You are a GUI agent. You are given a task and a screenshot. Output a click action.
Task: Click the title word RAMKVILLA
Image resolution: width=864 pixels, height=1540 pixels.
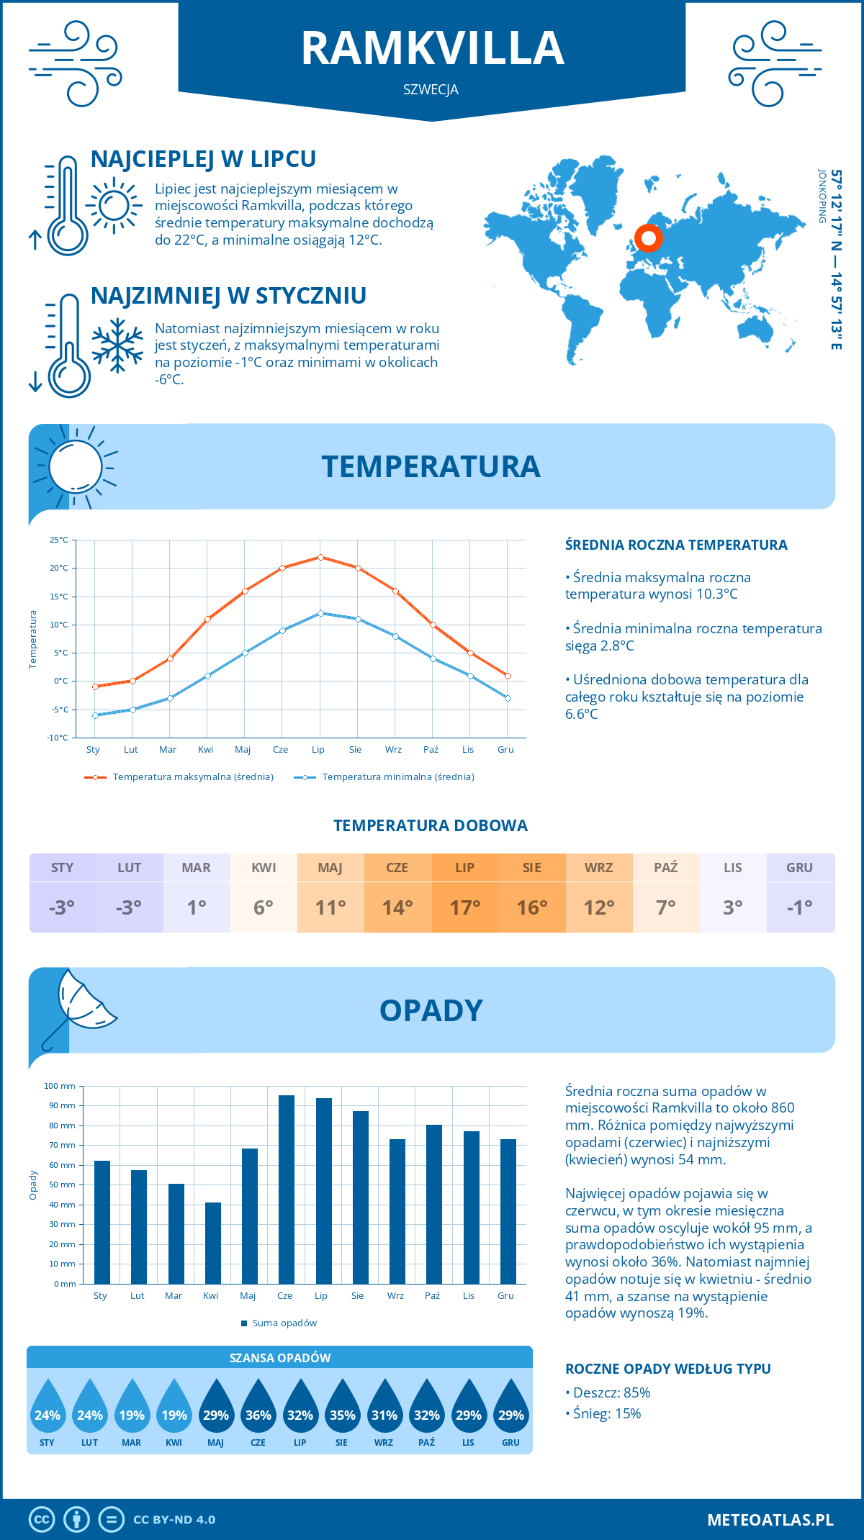(x=432, y=48)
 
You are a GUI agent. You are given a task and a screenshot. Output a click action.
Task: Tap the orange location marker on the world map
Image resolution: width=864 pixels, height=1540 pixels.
(x=648, y=237)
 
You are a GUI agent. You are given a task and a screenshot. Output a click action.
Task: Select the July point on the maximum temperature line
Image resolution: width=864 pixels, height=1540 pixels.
(x=320, y=557)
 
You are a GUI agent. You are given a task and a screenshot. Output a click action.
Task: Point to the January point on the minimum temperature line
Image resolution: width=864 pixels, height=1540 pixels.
(x=95, y=715)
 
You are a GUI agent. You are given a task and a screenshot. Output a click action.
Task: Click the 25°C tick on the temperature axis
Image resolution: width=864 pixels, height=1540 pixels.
(x=59, y=540)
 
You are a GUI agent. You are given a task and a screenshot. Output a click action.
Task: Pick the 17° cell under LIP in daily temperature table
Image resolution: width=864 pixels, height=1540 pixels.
(x=464, y=907)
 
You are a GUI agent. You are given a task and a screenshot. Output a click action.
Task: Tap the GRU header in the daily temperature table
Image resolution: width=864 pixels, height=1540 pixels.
(x=799, y=868)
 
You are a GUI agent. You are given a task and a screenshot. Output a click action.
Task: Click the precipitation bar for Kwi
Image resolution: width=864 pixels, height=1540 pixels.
(x=212, y=1243)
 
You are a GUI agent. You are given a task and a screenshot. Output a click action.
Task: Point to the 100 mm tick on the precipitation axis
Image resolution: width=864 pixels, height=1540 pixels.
(x=60, y=1086)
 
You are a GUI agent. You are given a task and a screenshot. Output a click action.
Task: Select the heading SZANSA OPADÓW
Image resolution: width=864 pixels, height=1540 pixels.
(x=279, y=1358)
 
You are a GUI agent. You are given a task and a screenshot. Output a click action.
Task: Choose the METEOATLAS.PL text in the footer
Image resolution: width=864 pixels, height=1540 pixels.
(x=770, y=1520)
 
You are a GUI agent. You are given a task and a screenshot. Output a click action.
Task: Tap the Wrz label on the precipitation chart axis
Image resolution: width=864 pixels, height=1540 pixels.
(x=395, y=1295)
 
